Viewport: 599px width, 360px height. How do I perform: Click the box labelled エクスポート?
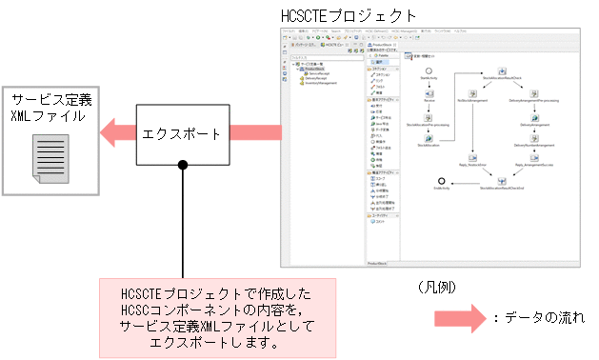(x=182, y=133)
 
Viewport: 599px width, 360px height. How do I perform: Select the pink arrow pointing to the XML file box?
(x=120, y=132)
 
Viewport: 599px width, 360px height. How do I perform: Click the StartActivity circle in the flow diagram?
(x=429, y=71)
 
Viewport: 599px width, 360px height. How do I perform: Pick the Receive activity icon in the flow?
(x=429, y=92)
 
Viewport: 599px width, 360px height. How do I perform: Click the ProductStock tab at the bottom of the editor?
(x=379, y=262)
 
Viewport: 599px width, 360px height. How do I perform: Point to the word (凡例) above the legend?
(x=438, y=286)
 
